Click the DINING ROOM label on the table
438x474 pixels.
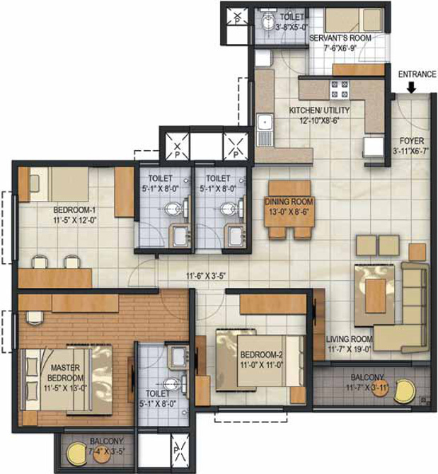[289, 202]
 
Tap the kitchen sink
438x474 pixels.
[265, 127]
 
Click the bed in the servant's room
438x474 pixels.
[353, 19]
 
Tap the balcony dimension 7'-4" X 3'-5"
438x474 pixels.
[107, 449]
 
